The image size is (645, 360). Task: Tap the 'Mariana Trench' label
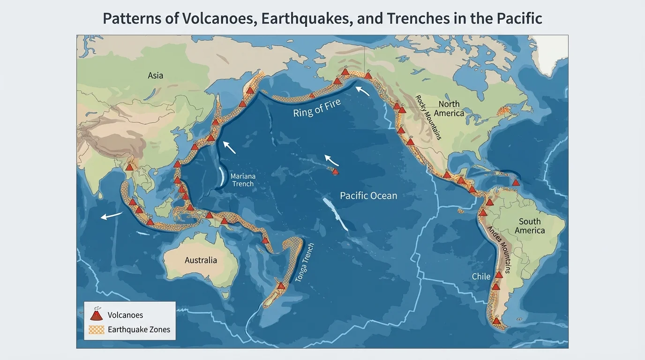(243, 180)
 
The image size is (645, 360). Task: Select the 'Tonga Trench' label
(305, 263)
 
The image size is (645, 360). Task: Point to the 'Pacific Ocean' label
(368, 195)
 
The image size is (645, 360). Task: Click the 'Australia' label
(201, 260)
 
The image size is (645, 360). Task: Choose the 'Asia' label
(155, 75)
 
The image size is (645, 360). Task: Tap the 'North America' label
(449, 108)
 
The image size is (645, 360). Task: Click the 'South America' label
(530, 225)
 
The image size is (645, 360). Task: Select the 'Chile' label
(481, 276)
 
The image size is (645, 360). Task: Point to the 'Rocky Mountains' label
(428, 117)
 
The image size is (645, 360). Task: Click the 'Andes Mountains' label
(499, 247)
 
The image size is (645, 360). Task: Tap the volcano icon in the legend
(96, 315)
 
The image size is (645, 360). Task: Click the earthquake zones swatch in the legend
(96, 330)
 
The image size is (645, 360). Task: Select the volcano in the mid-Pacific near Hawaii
(335, 172)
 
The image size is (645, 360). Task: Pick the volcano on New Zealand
(281, 285)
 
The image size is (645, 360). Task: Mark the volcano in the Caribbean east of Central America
(516, 182)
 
